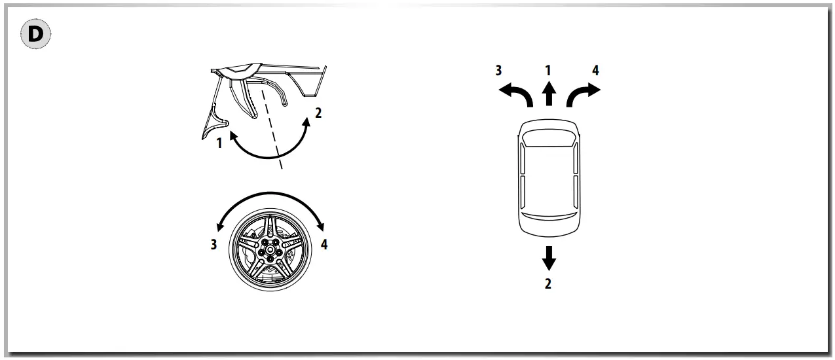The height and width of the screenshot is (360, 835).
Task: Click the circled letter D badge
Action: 36,36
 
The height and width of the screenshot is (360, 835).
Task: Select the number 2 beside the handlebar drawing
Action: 318,113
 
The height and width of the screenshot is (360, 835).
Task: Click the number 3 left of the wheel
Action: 214,246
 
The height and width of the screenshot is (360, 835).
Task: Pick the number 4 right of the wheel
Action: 325,246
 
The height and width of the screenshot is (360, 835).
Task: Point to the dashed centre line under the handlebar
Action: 272,131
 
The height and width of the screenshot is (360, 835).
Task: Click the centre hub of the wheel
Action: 270,249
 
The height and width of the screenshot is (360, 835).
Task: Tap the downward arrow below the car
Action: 549,259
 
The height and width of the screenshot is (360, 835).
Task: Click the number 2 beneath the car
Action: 549,284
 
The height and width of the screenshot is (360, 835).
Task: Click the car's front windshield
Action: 549,138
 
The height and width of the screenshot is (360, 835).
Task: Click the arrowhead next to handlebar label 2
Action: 306,121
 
